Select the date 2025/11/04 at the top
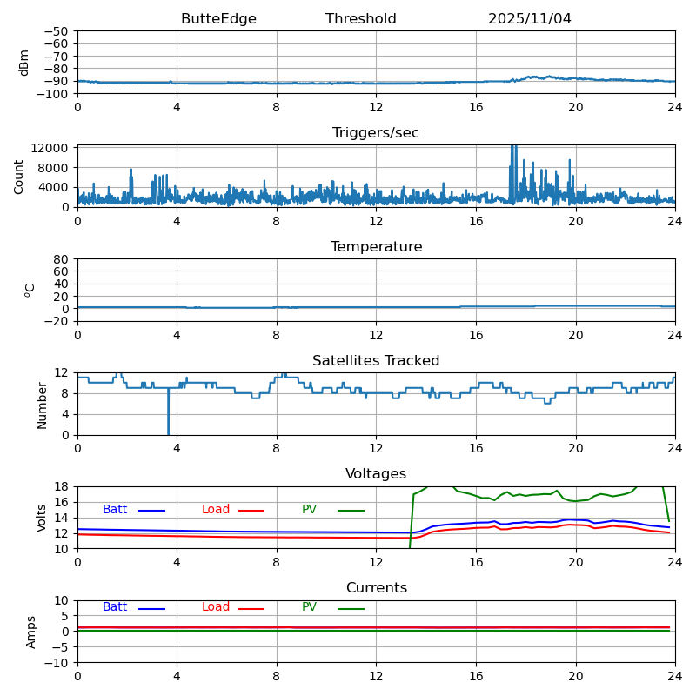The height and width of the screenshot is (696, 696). [x=529, y=19]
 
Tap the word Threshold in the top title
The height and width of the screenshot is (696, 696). [x=360, y=19]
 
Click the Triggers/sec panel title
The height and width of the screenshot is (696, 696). [x=376, y=133]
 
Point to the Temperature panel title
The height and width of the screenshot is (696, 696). [x=376, y=247]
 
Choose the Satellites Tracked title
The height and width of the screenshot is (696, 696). [x=376, y=361]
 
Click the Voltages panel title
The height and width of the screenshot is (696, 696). [x=376, y=474]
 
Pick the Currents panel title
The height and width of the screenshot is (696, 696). [x=376, y=588]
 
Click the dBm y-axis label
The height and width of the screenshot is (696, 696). [x=24, y=63]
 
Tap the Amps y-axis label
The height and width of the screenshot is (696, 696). [x=31, y=632]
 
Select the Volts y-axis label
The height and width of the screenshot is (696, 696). [x=42, y=518]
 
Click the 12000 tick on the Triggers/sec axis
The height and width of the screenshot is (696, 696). [x=54, y=149]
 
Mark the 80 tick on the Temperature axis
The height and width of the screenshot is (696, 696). [x=63, y=259]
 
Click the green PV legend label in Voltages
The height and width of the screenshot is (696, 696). [x=310, y=510]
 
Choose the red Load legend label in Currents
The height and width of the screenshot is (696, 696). [x=216, y=607]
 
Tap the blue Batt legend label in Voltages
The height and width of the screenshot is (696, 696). [x=115, y=510]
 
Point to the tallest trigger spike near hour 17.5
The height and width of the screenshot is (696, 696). [x=512, y=148]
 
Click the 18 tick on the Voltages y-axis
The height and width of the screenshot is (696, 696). [x=63, y=487]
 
